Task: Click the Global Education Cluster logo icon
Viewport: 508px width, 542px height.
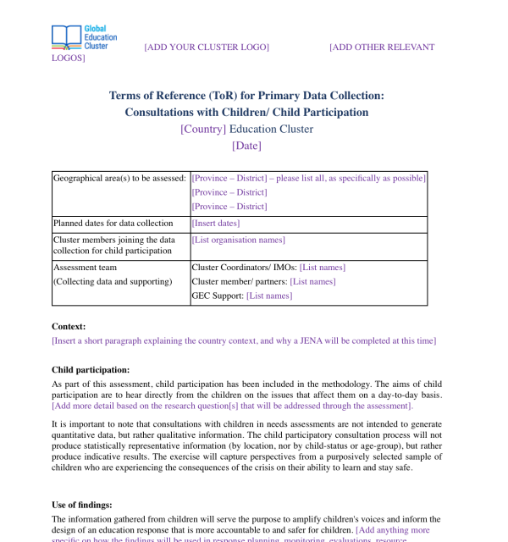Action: pos(66,36)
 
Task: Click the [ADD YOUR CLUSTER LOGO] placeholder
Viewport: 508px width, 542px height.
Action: pos(207,47)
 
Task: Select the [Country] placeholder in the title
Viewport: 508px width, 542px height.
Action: pos(203,129)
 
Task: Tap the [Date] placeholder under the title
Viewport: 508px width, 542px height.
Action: pos(246,146)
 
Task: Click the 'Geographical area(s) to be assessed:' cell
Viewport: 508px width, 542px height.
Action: pos(119,179)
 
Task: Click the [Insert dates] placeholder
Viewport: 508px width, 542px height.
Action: pos(216,224)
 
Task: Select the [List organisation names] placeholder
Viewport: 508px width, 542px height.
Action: pos(239,241)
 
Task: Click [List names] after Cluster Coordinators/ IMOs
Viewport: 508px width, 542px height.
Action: pos(322,268)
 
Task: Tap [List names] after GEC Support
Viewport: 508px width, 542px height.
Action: pos(269,296)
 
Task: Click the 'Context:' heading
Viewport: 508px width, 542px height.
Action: pos(69,326)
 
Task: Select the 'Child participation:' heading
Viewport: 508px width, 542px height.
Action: pos(91,370)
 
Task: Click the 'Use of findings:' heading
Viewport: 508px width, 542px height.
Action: pos(82,505)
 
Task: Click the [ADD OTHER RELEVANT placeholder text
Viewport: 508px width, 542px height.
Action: pos(382,47)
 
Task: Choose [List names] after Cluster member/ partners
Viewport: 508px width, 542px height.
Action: pos(312,281)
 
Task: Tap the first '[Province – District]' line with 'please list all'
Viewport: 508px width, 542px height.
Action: pos(309,179)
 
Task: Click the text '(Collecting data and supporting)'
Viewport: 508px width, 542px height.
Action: pos(112,281)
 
